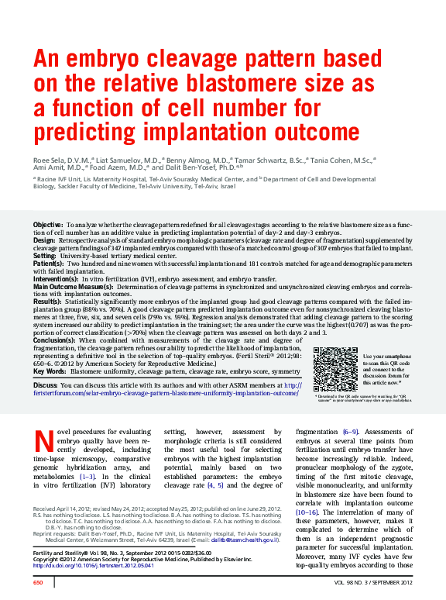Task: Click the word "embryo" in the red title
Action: coord(108,60)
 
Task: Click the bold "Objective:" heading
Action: coord(48,224)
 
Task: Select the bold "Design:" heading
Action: coord(44,240)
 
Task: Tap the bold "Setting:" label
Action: coord(45,255)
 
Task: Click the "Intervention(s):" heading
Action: coord(56,278)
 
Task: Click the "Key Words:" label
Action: coord(50,371)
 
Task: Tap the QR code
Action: coord(336,369)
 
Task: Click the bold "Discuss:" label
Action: coord(46,385)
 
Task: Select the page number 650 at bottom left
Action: coord(37,581)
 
